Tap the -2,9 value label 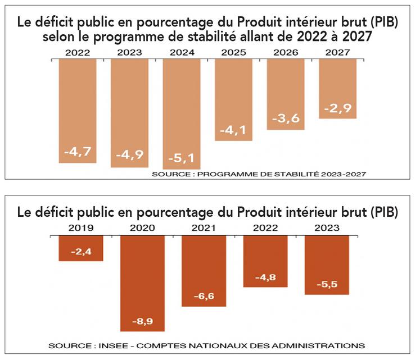(x=337, y=108)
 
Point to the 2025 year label (x=233, y=52)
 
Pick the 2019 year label (x=80, y=229)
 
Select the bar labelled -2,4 (x=80, y=248)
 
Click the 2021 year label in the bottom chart (x=203, y=229)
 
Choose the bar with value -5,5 (x=326, y=264)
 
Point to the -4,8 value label (x=265, y=277)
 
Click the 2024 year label (x=181, y=52)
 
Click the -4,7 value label (x=76, y=152)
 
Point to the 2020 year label (x=142, y=229)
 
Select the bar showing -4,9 (x=129, y=112)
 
